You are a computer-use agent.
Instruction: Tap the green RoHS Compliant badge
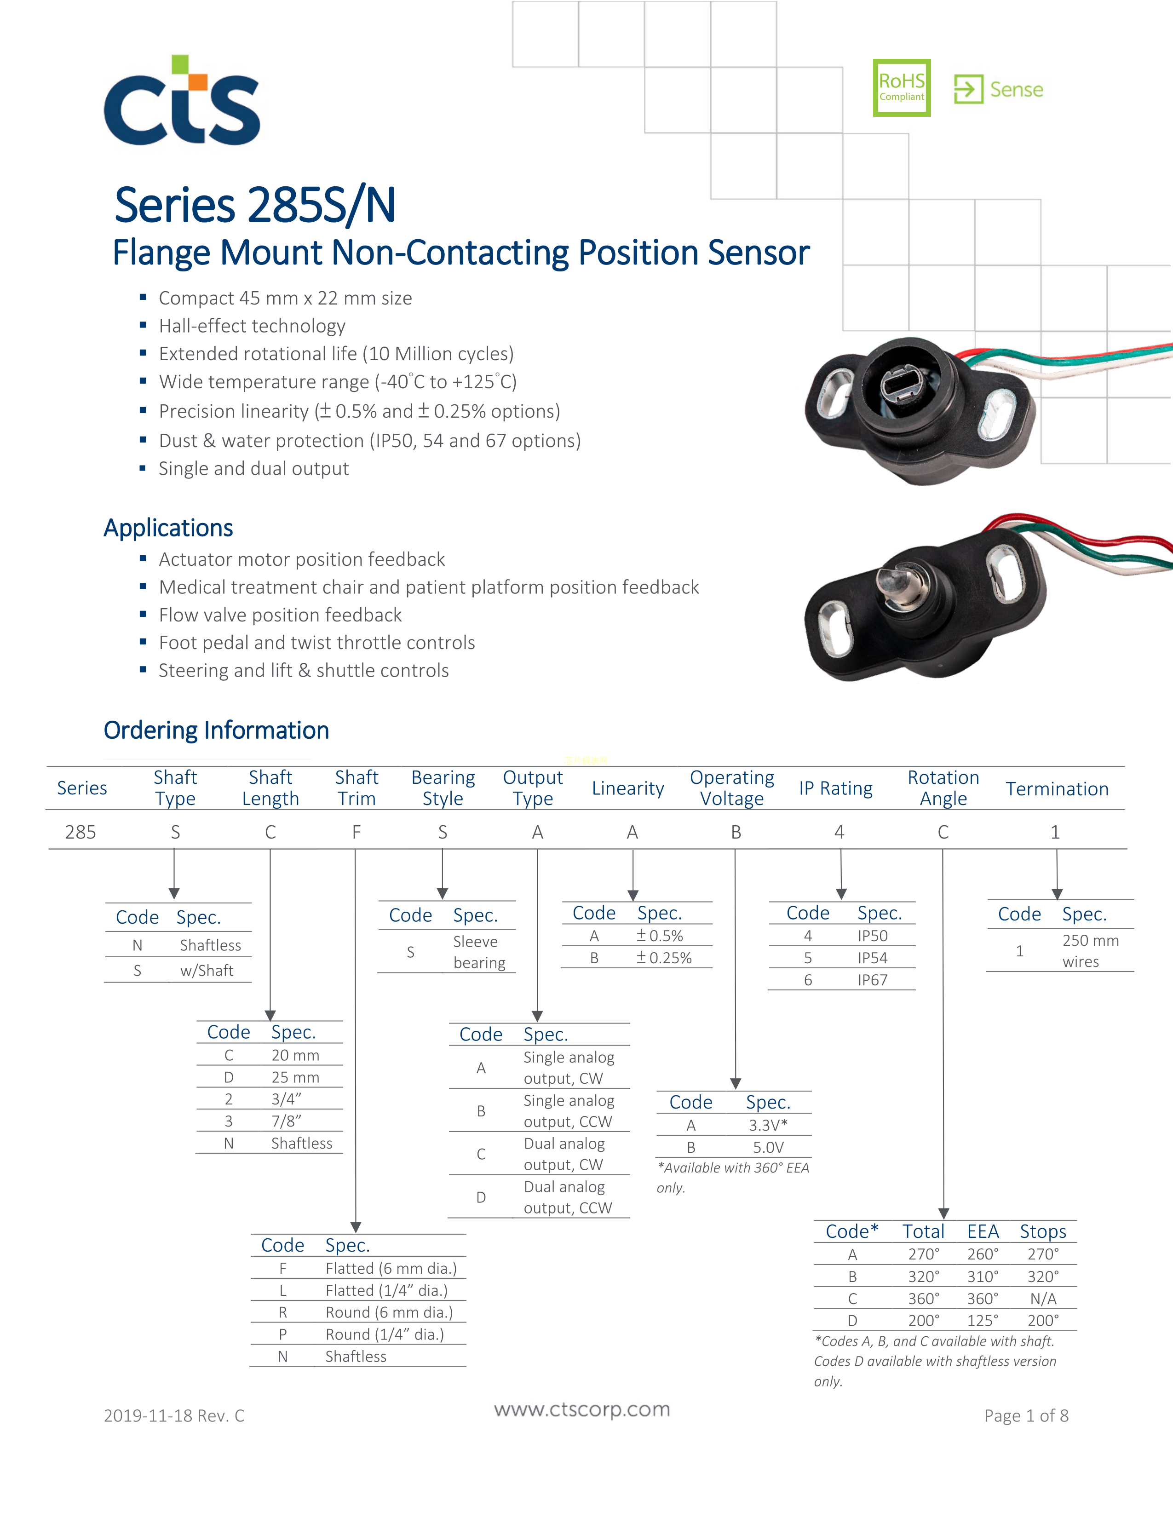(901, 87)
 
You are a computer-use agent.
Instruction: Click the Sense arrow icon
(968, 89)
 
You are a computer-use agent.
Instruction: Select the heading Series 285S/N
(255, 205)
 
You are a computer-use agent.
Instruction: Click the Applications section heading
(168, 528)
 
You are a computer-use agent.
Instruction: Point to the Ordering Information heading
(216, 730)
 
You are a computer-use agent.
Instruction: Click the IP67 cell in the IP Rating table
(872, 980)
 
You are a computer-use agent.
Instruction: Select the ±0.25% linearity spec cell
(664, 958)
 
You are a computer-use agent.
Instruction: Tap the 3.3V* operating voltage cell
(768, 1125)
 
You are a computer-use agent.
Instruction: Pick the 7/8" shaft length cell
(286, 1121)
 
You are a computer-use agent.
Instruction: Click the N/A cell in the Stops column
(1043, 1299)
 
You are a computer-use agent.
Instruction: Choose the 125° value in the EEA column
(983, 1321)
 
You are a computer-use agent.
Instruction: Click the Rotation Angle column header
(943, 788)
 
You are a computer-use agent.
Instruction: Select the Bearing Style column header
(443, 788)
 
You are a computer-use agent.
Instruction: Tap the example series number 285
(80, 832)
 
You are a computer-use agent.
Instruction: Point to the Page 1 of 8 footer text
(1026, 1416)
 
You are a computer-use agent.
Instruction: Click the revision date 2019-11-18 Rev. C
(174, 1416)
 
